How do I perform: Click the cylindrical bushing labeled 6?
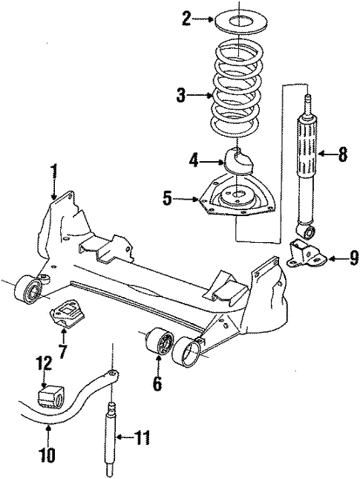point(159,345)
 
